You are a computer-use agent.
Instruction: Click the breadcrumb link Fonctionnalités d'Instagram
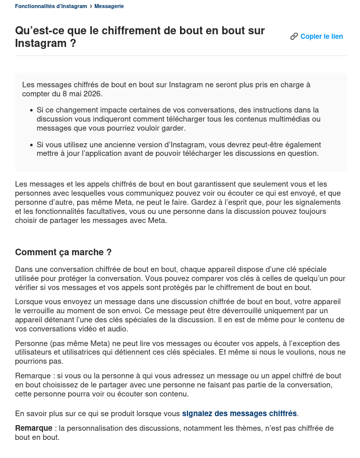pyautogui.click(x=51, y=6)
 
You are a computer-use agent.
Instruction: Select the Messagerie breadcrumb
pyautogui.click(x=109, y=6)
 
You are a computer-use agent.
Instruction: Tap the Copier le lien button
pyautogui.click(x=321, y=36)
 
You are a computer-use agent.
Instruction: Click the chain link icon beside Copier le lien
pyautogui.click(x=294, y=36)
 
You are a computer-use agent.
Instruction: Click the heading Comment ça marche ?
pyautogui.click(x=63, y=252)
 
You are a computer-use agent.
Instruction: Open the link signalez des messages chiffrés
pyautogui.click(x=239, y=414)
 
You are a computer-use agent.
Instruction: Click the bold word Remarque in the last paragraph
pyautogui.click(x=34, y=428)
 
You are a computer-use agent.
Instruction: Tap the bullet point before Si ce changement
pyautogui.click(x=31, y=110)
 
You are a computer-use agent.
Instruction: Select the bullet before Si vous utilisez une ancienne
pyautogui.click(x=31, y=145)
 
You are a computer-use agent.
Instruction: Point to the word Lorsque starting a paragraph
pyautogui.click(x=29, y=301)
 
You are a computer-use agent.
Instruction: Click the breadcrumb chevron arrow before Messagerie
pyautogui.click(x=91, y=6)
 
